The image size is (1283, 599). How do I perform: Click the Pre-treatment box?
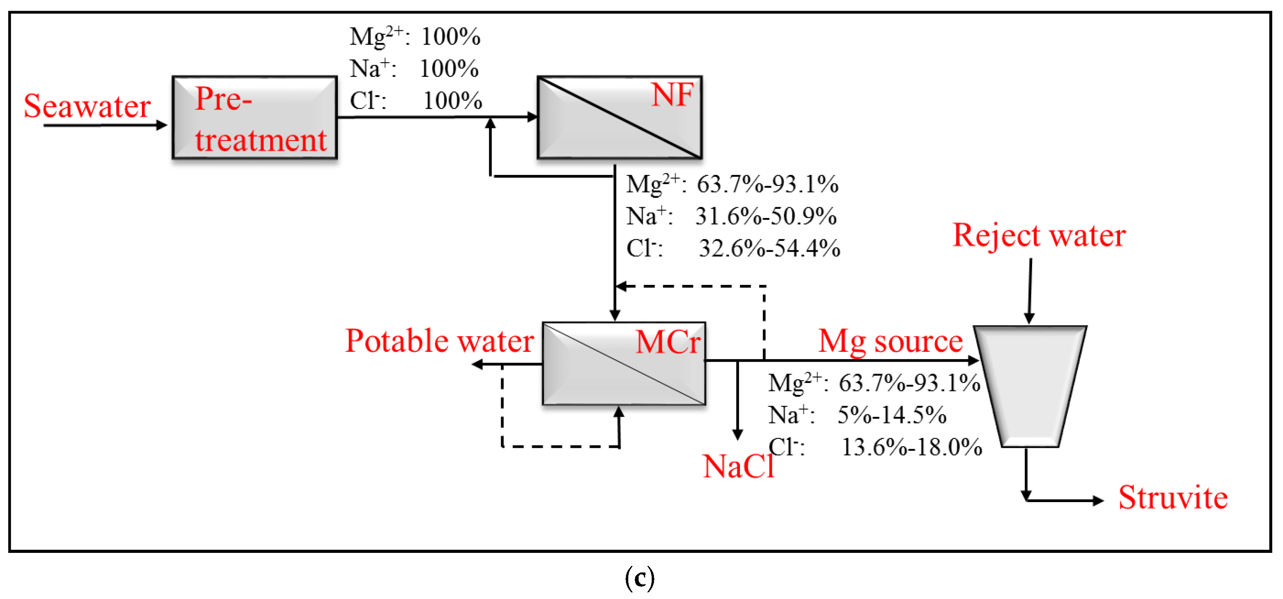tap(254, 118)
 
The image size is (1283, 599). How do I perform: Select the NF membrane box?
tap(619, 118)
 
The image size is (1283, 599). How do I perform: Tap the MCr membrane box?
tap(624, 363)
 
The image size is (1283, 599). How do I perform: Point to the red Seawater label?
tap(87, 106)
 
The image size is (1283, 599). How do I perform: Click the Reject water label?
tap(1039, 235)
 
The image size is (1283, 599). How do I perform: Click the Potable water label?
tap(439, 341)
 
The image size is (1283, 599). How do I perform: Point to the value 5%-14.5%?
tap(891, 414)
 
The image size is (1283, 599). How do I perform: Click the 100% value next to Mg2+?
tap(451, 37)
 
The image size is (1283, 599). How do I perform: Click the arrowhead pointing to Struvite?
tap(1098, 500)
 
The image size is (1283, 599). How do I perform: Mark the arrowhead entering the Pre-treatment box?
tap(162, 125)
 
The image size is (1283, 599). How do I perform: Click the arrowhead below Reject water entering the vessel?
tap(1029, 318)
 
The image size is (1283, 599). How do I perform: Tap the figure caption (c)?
tap(639, 578)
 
